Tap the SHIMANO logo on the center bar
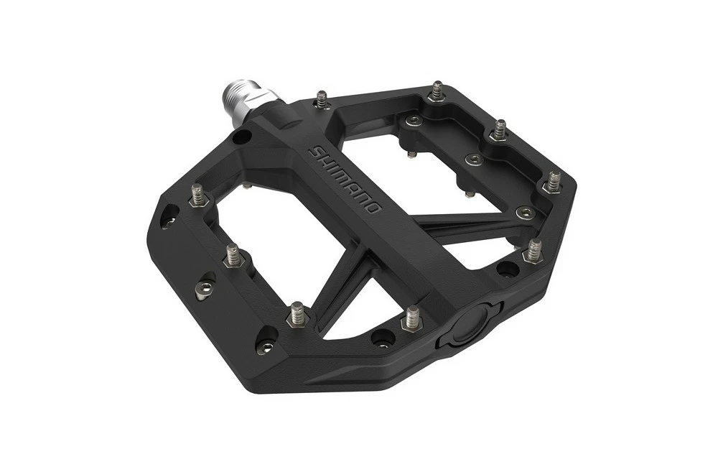[344, 180]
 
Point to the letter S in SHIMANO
[314, 152]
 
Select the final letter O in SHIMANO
[373, 208]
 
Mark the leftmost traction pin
[197, 194]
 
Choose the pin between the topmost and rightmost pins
[498, 131]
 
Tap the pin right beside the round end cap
[411, 317]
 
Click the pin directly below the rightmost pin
[533, 250]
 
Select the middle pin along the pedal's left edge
[233, 255]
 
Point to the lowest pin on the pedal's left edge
[297, 314]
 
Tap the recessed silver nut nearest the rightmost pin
[526, 213]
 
